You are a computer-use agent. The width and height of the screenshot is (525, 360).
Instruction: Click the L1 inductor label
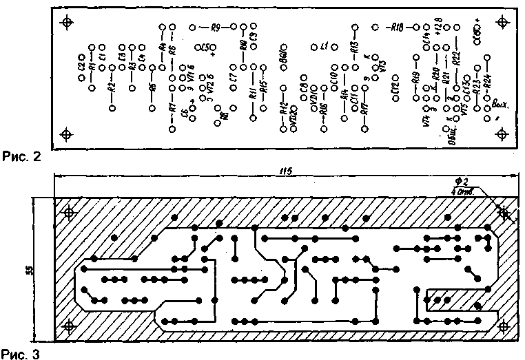point(325,47)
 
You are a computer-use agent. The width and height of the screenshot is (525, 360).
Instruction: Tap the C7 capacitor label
point(235,81)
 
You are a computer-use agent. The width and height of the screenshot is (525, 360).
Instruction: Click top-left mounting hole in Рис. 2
point(67,23)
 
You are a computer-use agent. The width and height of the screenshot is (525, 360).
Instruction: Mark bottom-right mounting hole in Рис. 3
point(504,325)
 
